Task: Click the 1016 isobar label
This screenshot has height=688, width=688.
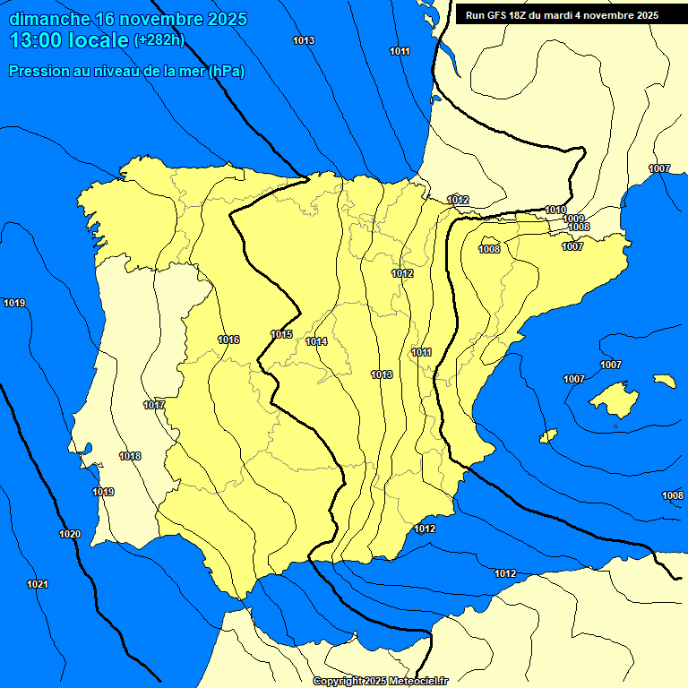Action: (228, 340)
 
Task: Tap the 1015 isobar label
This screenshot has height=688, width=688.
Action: (281, 334)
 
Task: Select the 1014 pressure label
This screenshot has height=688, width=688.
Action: (316, 341)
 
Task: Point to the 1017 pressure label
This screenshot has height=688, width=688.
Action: (154, 405)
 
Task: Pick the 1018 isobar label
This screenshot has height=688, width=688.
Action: (130, 456)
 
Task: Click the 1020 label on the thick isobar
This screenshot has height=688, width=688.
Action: (70, 534)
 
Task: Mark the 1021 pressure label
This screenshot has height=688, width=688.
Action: (38, 584)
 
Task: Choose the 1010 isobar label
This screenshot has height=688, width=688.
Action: (555, 210)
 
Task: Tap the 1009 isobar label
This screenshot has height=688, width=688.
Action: (573, 219)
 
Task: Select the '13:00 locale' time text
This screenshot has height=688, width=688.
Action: (69, 40)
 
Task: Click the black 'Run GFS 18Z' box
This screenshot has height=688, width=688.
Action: (562, 14)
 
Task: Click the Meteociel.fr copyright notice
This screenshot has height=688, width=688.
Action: (381, 681)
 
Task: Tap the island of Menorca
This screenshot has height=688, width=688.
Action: (664, 381)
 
